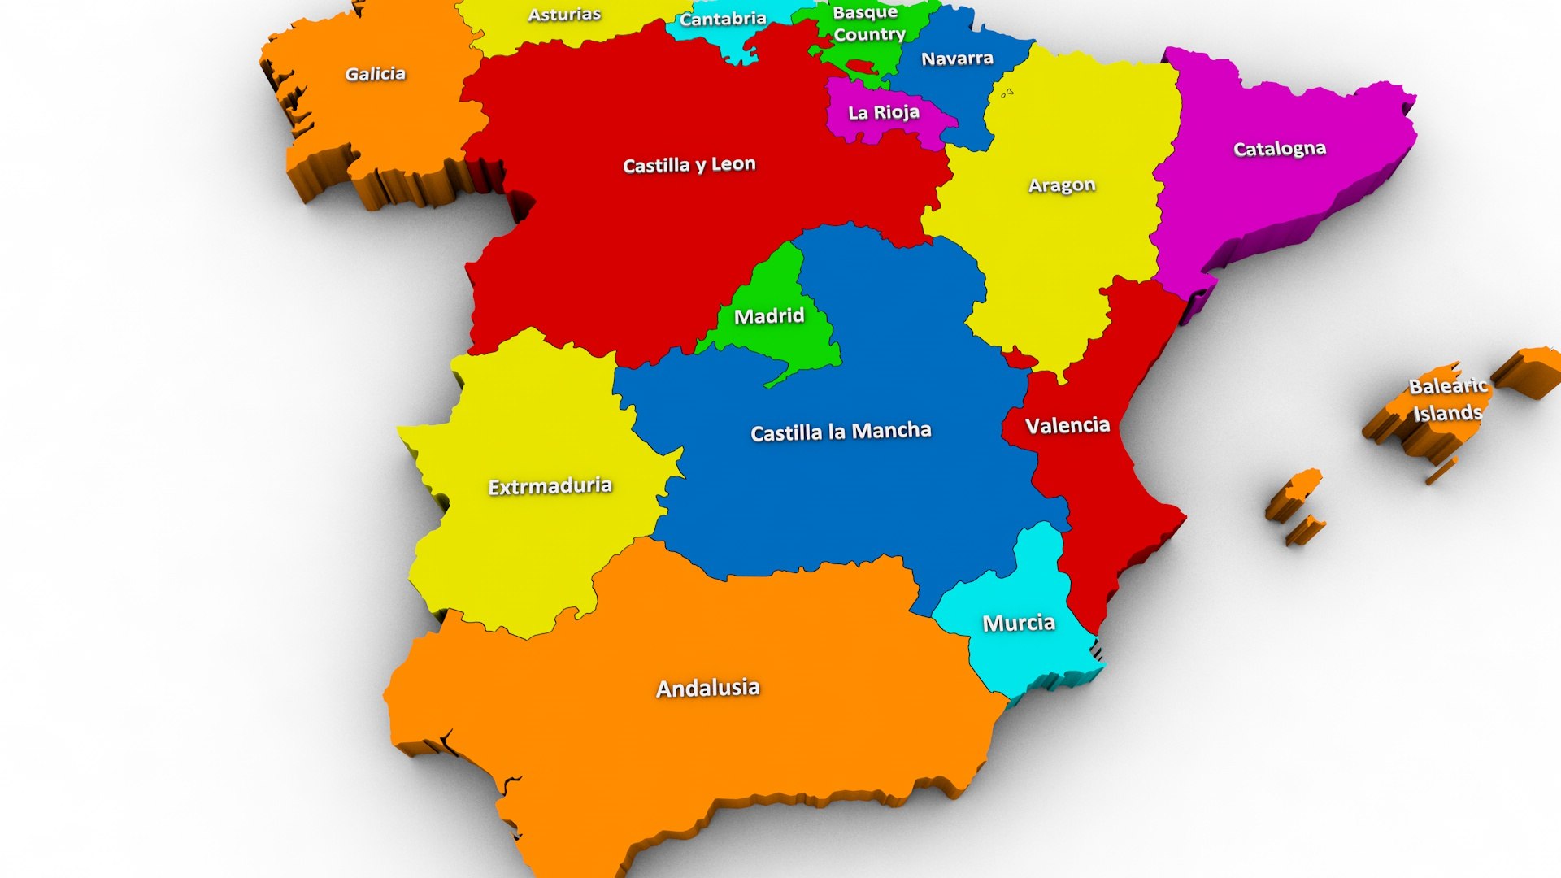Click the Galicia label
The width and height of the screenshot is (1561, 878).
(x=375, y=74)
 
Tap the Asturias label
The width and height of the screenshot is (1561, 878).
(x=564, y=14)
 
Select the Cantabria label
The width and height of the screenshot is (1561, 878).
(x=723, y=19)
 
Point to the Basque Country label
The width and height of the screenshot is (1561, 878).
(x=868, y=24)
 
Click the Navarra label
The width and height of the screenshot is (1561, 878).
(x=957, y=59)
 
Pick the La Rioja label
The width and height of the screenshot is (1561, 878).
(x=884, y=112)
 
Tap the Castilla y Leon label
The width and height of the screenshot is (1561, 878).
(x=689, y=165)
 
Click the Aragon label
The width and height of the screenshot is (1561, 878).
(x=1062, y=185)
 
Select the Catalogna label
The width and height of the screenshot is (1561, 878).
(x=1280, y=149)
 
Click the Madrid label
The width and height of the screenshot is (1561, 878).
(x=769, y=315)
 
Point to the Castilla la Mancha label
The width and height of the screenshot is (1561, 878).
(x=841, y=431)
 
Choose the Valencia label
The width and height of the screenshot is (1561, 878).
(x=1067, y=425)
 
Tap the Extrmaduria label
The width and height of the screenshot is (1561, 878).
(x=550, y=486)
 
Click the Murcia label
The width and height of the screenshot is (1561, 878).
(x=1019, y=624)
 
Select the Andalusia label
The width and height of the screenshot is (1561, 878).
(x=707, y=688)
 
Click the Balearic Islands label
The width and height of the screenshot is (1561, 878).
(x=1448, y=399)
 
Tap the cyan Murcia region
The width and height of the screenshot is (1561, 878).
(x=1033, y=658)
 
